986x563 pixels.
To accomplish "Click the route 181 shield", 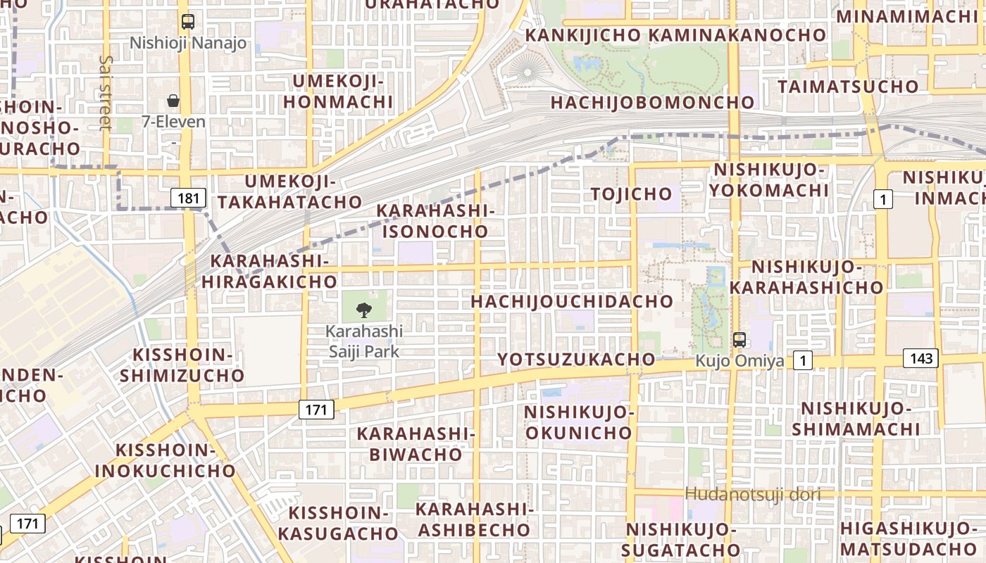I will point(188,198).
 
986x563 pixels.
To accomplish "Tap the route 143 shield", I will point(921,358).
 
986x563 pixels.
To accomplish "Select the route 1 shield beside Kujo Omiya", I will point(802,361).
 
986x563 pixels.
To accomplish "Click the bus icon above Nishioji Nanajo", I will point(187,22).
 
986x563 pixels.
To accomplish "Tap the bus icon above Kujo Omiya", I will point(739,340).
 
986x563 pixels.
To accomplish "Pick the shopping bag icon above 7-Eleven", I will point(173,101).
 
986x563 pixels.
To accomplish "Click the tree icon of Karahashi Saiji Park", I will point(364,309).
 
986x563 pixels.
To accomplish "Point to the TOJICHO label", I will point(632,194).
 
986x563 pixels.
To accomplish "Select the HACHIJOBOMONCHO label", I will point(652,103).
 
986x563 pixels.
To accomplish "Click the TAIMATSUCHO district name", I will point(848,87).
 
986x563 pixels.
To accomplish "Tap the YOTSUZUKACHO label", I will point(576,360).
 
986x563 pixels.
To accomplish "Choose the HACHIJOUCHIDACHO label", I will point(572,302).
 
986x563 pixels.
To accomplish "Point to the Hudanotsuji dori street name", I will point(753,494).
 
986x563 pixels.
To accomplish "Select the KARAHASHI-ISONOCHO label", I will point(435,221).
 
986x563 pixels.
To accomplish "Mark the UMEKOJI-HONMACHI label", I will point(339,91).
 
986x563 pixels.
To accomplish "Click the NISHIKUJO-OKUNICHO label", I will point(580,422).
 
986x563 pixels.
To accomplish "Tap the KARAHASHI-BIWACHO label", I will point(416,443).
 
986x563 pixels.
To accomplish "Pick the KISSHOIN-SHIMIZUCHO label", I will point(182,365).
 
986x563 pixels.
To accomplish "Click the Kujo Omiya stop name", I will point(739,361).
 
